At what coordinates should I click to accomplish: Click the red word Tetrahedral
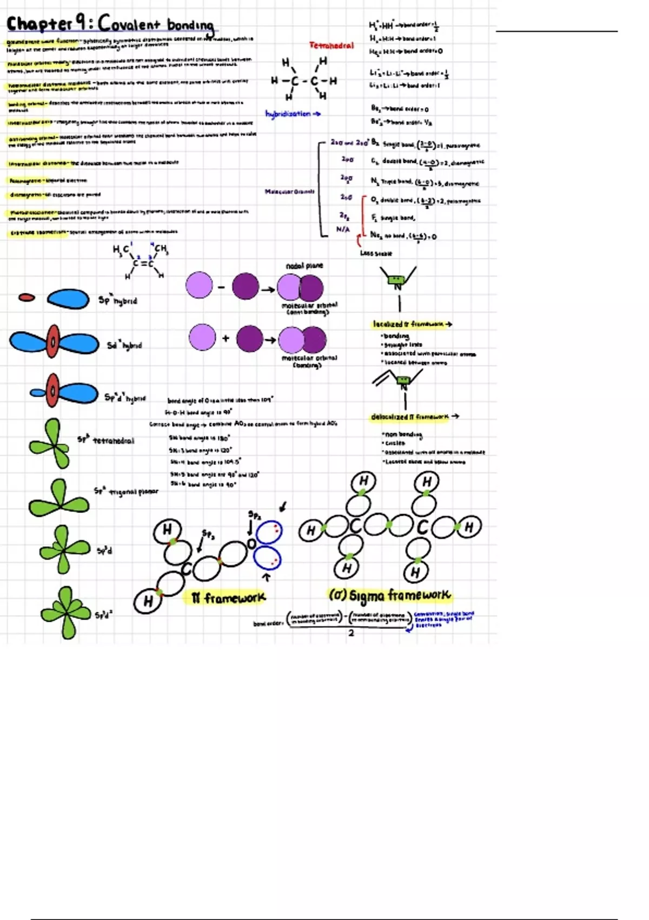pyautogui.click(x=332, y=45)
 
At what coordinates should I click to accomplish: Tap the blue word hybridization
pyautogui.click(x=288, y=114)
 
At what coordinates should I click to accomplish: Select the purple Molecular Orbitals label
pyautogui.click(x=289, y=192)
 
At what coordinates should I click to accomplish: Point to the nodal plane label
pyautogui.click(x=304, y=266)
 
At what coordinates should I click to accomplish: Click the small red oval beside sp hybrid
pyautogui.click(x=27, y=297)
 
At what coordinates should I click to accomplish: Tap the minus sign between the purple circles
pyautogui.click(x=221, y=287)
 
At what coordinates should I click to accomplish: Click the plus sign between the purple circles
pyautogui.click(x=226, y=339)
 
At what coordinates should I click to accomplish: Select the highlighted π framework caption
pyautogui.click(x=228, y=598)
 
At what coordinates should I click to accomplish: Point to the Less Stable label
pyautogui.click(x=376, y=253)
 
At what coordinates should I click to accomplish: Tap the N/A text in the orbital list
pyautogui.click(x=343, y=229)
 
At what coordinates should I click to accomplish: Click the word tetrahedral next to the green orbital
pyautogui.click(x=114, y=441)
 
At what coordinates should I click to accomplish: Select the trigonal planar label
pyautogui.click(x=133, y=491)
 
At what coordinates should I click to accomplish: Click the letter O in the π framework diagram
pyautogui.click(x=251, y=543)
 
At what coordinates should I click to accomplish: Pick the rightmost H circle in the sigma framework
pyautogui.click(x=469, y=527)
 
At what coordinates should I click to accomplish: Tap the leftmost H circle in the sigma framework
pyautogui.click(x=311, y=530)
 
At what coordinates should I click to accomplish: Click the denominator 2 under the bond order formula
pyautogui.click(x=351, y=633)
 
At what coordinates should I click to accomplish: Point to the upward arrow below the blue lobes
pyautogui.click(x=266, y=577)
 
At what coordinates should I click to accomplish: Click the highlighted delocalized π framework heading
pyautogui.click(x=409, y=417)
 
